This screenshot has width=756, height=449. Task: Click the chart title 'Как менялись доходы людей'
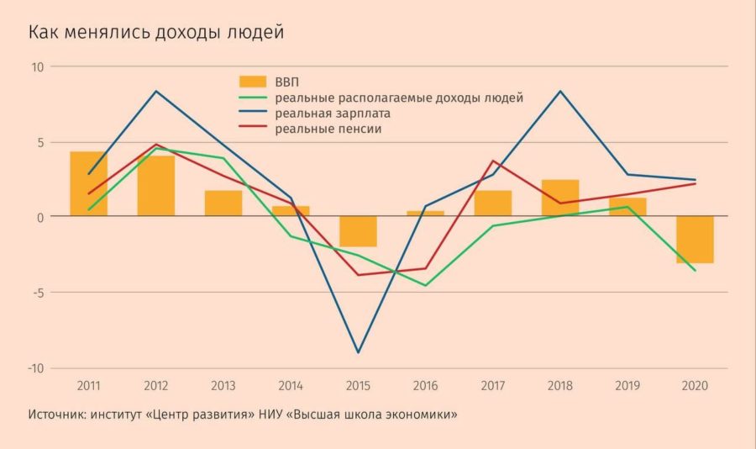156,33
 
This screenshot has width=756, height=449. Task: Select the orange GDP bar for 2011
88,183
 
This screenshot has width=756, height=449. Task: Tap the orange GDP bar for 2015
358,231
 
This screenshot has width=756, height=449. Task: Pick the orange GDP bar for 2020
695,240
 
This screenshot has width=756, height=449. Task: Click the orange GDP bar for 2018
560,198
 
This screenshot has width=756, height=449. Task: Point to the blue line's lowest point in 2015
358,352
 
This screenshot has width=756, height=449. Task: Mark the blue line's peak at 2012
156,91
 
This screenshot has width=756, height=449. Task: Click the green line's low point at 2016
426,286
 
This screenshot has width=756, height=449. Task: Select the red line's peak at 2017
493,161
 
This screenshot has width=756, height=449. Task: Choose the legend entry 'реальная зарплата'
333,113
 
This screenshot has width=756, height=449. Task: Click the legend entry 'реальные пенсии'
328,129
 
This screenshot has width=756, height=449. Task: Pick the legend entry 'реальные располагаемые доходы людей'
399,98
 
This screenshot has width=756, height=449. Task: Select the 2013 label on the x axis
223,386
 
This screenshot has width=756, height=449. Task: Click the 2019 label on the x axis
627,386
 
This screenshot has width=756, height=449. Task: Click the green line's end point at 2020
695,271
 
